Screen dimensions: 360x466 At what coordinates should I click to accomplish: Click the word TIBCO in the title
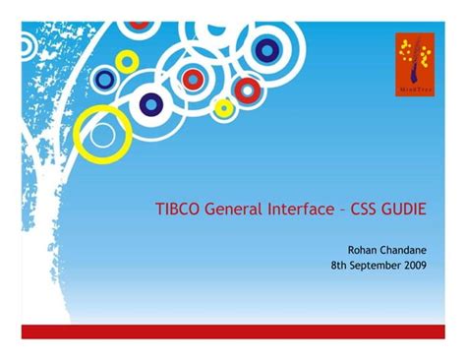177,210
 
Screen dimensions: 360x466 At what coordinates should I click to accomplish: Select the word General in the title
232,210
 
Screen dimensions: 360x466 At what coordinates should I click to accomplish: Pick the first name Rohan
365,251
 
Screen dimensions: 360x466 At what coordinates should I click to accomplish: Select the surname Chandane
413,251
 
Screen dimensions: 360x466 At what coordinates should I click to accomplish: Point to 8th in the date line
340,266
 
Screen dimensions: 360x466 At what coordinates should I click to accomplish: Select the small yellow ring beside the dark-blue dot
127,61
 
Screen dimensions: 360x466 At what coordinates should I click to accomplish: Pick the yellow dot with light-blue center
224,106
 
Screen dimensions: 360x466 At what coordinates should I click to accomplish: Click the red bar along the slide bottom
233,331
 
